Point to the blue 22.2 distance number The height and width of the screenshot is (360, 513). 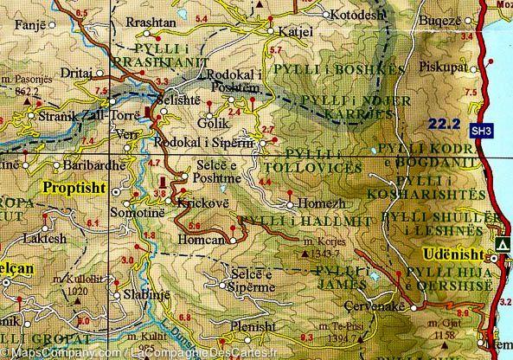[x=441, y=125]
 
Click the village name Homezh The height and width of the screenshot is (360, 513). [x=323, y=205]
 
